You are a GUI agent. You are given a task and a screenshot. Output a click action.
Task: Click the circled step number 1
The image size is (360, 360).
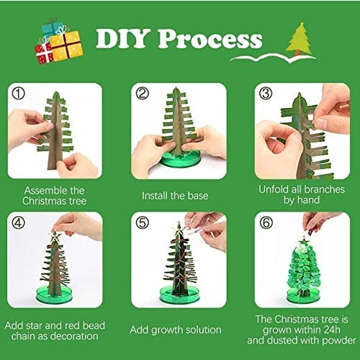pyautogui.click(x=18, y=94)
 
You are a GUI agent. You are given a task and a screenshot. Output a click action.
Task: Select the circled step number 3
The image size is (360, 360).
pyautogui.click(x=265, y=94)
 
